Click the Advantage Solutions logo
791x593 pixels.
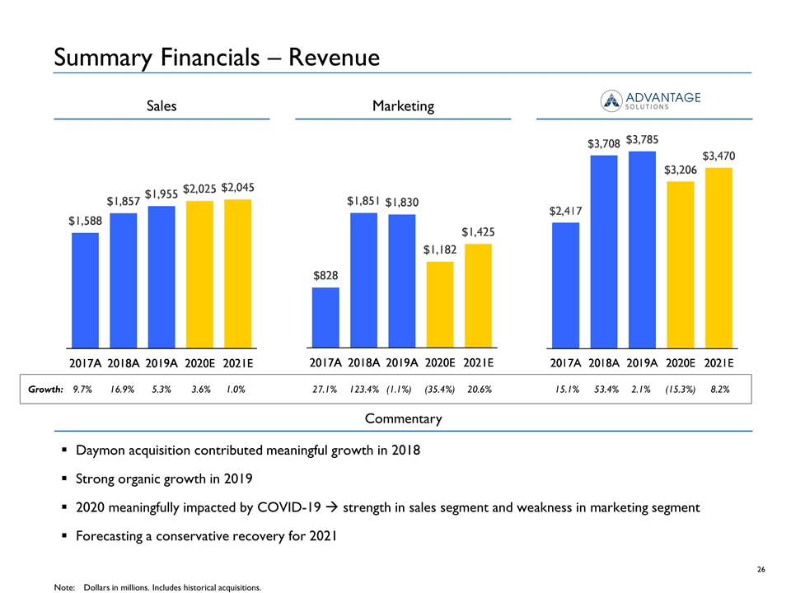651,99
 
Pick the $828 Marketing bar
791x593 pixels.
325,317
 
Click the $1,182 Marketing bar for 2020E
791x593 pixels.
440,305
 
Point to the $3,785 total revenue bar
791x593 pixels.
641,249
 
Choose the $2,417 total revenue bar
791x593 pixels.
565,284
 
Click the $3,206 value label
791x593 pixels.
681,170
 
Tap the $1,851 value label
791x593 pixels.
363,201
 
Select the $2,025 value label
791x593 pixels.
199,189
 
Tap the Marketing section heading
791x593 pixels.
404,106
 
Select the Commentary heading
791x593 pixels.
403,418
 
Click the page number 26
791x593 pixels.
761,571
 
